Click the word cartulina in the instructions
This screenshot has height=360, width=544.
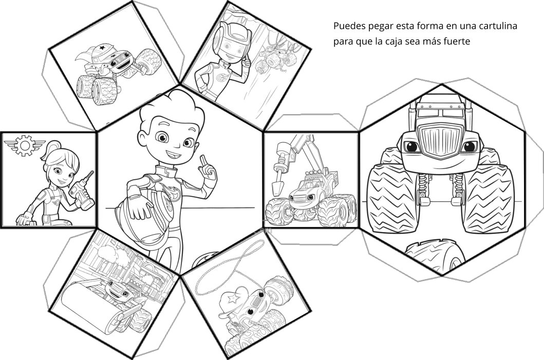tap(498, 26)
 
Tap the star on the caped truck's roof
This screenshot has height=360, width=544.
tap(102, 47)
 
